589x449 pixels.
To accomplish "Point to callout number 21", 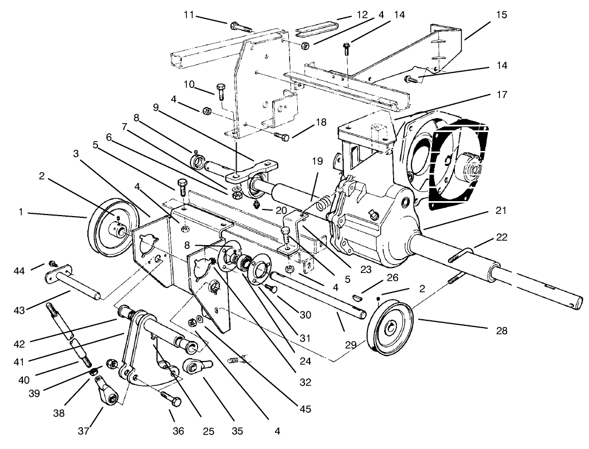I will point(501,212).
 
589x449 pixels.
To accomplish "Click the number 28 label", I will point(501,331).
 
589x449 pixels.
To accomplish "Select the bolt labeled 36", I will point(170,399).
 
